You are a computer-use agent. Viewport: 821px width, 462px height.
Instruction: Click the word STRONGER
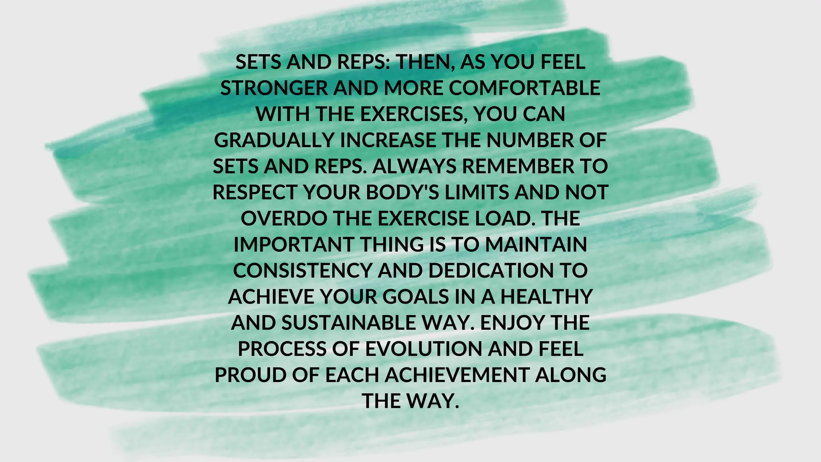(x=274, y=88)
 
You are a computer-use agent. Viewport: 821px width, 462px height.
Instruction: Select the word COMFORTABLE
(x=524, y=88)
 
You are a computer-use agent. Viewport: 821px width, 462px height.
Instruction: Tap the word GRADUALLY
(x=274, y=140)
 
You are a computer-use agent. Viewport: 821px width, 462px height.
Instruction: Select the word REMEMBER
(x=518, y=166)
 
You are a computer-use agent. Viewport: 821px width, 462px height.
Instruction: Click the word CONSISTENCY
(x=303, y=271)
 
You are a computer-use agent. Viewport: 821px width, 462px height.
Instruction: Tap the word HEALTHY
(x=546, y=297)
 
